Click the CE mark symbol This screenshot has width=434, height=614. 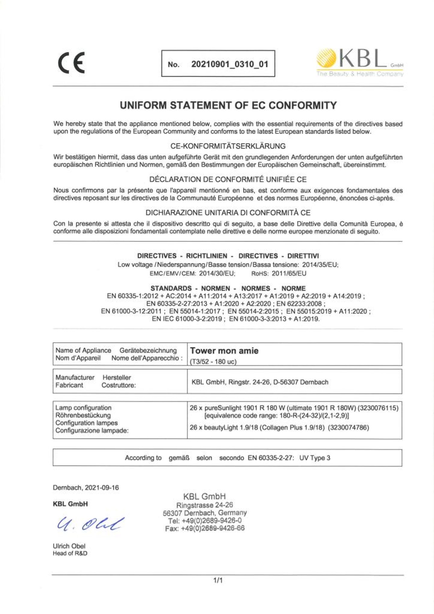71,63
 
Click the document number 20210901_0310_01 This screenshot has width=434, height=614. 229,64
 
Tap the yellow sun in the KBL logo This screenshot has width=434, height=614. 326,58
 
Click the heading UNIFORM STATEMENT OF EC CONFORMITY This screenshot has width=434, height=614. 228,105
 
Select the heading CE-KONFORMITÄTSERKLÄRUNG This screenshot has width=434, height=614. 228,146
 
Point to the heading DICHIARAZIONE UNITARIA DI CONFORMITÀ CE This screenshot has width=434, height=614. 228,213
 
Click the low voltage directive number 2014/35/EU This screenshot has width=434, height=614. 320,265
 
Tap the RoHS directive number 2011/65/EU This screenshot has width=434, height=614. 289,273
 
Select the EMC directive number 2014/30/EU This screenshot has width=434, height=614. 217,273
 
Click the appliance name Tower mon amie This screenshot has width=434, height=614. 224,351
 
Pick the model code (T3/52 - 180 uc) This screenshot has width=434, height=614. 213,361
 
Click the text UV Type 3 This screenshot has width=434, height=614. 315,458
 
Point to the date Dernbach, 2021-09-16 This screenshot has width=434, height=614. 86,487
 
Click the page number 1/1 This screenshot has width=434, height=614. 218,580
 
